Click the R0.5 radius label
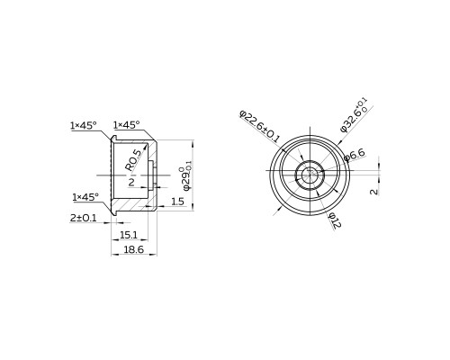[133, 160]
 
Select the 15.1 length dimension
[129, 235]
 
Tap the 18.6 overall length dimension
[134, 249]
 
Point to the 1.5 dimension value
[177, 202]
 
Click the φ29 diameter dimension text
[186, 178]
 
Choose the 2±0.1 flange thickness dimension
[83, 218]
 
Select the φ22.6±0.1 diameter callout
[259, 126]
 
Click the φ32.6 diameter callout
[354, 115]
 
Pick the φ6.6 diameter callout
[355, 155]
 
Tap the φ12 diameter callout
[335, 220]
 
